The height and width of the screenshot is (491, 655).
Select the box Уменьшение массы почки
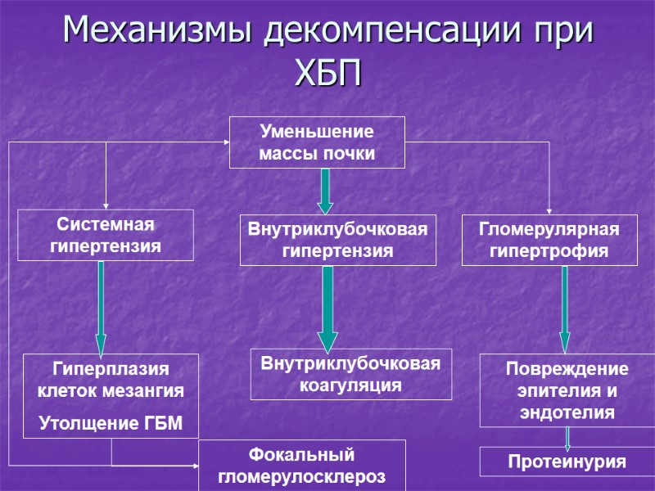[317, 142]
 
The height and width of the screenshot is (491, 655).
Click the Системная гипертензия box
[106, 235]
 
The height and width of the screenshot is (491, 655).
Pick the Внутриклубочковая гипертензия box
[337, 241]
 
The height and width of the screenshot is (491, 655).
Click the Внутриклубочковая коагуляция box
[350, 374]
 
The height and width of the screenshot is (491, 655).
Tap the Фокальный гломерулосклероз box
[302, 465]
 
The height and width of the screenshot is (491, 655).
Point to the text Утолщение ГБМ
[111, 423]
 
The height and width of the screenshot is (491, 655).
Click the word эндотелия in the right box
[567, 413]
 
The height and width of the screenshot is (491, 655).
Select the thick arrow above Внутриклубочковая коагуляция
[327, 308]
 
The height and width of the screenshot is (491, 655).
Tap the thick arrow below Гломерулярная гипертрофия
[564, 308]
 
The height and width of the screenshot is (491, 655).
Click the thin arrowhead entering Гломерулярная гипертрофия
[549, 212]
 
